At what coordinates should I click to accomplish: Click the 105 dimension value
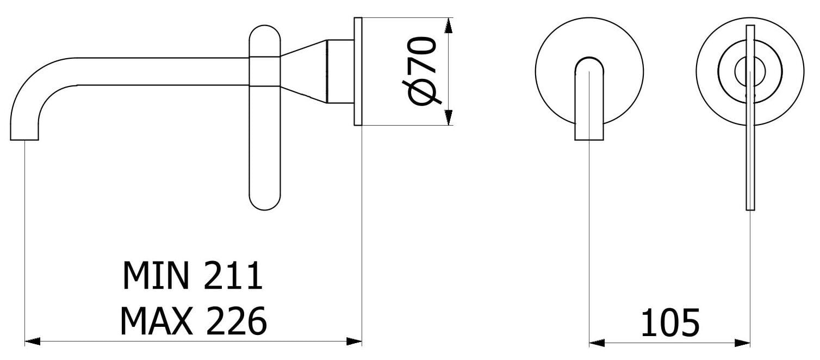point(669,323)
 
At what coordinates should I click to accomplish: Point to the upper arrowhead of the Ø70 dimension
point(449,24)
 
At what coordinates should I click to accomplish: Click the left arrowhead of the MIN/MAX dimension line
point(33,342)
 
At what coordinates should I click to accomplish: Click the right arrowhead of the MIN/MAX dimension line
point(355,342)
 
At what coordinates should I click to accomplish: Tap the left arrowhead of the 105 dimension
point(597,343)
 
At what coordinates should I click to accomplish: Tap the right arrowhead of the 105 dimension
point(743,343)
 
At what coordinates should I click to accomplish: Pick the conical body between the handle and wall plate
point(305,71)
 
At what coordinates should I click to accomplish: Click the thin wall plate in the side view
point(358,71)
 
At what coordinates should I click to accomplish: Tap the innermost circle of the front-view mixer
point(750,71)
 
